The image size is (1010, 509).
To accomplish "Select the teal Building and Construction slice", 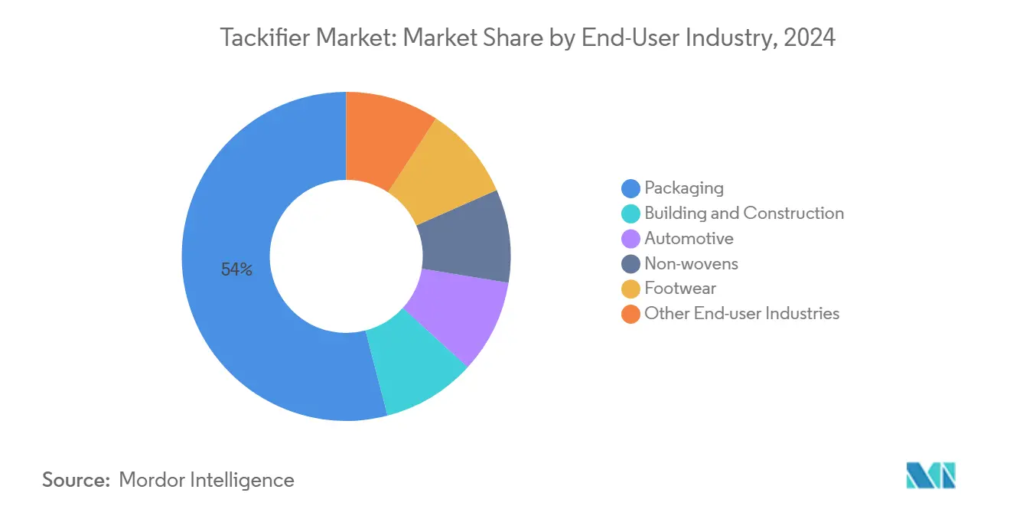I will pos(417,368).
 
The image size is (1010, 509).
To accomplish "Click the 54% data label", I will pos(236,269).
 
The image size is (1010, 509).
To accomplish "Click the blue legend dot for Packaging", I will pos(631,188).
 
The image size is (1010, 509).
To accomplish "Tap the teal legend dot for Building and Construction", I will pos(631,213).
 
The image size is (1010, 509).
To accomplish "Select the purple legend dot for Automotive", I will pos(631,238).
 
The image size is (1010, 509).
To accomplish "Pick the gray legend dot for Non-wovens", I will pos(631,263).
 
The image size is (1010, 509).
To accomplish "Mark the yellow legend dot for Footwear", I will pos(631,289).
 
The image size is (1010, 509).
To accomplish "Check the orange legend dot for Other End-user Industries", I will pos(631,314).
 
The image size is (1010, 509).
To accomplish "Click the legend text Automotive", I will pos(689,238).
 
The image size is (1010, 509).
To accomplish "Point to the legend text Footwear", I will pos(680,289).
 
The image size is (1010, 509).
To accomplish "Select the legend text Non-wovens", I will pos(691,263).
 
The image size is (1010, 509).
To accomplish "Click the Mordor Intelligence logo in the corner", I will pos(930,475).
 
